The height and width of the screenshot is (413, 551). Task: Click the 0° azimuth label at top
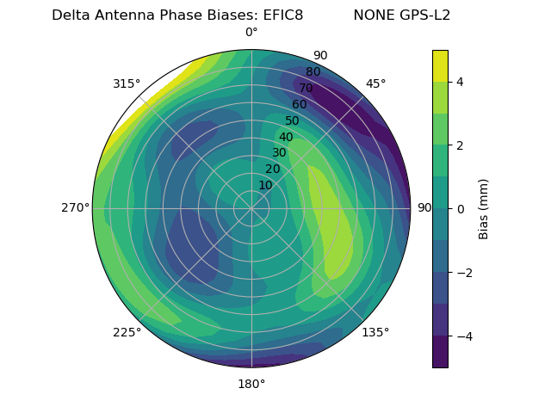pos(251,33)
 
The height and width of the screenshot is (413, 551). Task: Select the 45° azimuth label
pos(375,83)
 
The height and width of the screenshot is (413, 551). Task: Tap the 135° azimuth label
pos(375,332)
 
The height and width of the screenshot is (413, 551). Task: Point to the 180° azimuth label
pos(251,384)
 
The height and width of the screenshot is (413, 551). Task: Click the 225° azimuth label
pos(127,332)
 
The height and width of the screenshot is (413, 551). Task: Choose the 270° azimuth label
pos(76,208)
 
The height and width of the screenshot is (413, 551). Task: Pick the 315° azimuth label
pos(127,83)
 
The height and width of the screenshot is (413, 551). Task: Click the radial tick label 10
pos(265,185)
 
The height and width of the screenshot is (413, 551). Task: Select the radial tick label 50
pos(292,121)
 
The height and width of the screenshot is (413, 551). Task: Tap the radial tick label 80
pos(313,72)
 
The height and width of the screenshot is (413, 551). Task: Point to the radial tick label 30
pos(279,153)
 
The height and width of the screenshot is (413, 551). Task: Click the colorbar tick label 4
pos(460,82)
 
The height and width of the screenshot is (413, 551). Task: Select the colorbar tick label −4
pos(463,336)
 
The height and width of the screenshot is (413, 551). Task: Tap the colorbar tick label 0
pos(460,209)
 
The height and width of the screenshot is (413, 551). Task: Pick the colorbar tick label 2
pos(460,145)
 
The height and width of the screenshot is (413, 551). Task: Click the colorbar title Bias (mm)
pos(484,209)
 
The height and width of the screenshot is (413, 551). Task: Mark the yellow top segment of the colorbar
pos(440,65)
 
